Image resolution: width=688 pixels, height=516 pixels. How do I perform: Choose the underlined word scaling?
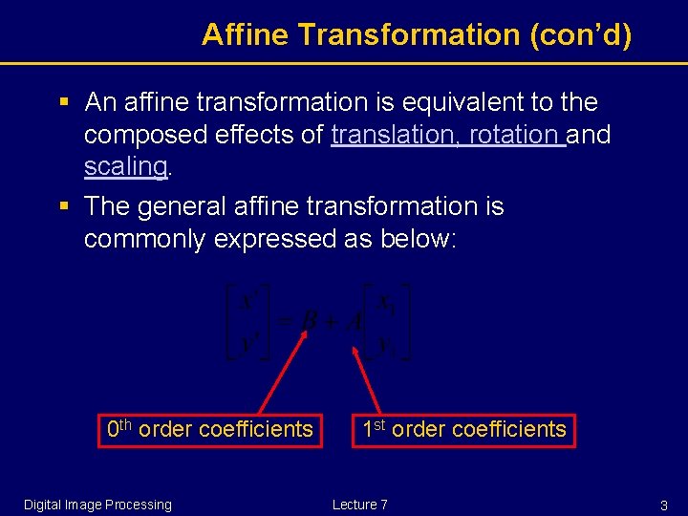point(125,166)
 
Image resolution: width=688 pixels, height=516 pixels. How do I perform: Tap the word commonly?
point(144,239)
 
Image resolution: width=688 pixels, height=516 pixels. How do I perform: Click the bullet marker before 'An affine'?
point(65,101)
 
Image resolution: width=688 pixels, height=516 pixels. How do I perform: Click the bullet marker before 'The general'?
point(65,206)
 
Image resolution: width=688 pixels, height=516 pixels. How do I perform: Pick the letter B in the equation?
point(308,322)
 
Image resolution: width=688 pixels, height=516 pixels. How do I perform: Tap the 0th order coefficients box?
point(210,429)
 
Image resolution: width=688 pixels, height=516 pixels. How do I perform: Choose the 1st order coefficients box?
point(463,429)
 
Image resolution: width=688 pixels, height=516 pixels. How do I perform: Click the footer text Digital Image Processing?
point(97,505)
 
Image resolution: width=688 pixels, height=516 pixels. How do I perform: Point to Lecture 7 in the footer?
point(359,505)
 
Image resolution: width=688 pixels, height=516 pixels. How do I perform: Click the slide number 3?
point(663,505)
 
